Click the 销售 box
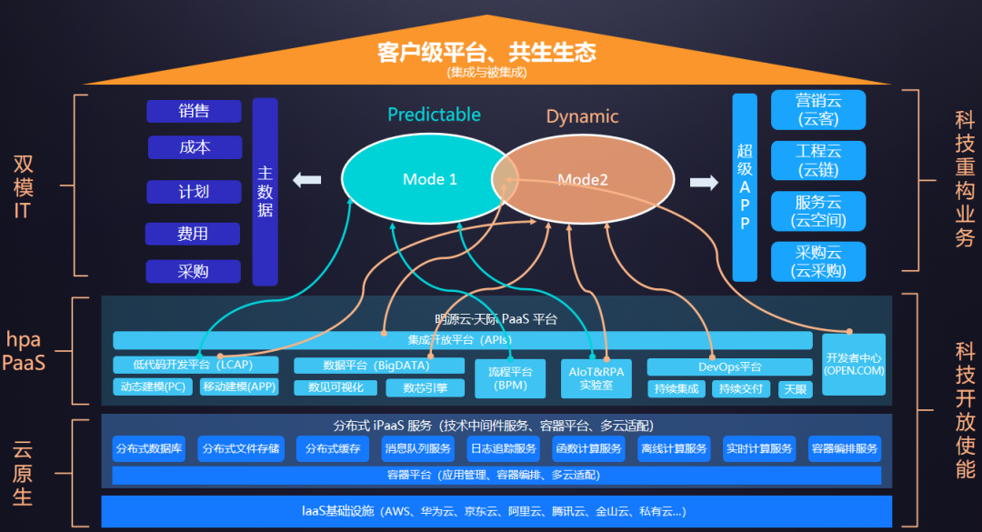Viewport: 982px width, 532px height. click(x=194, y=111)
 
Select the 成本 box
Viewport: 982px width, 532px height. click(x=194, y=147)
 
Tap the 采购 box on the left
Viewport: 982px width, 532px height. click(x=193, y=271)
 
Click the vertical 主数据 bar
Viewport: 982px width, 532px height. click(x=265, y=191)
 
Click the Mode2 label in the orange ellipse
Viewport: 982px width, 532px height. click(x=583, y=180)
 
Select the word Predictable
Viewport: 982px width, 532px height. click(x=434, y=115)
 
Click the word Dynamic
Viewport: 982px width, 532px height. click(x=582, y=116)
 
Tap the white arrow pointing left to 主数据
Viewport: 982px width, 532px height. click(x=307, y=180)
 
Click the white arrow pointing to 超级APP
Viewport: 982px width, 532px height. click(x=703, y=183)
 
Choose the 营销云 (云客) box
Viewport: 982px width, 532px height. click(x=818, y=110)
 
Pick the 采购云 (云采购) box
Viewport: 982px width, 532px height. click(x=818, y=262)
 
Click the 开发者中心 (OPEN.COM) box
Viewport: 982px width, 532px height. click(x=854, y=363)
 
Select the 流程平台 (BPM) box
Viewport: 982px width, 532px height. click(x=510, y=378)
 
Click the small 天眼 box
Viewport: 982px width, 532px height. click(x=795, y=389)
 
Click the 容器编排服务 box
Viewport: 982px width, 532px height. click(x=845, y=448)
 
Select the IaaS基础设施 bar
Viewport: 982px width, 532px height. click(x=496, y=511)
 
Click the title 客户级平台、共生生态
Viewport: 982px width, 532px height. click(x=486, y=53)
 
